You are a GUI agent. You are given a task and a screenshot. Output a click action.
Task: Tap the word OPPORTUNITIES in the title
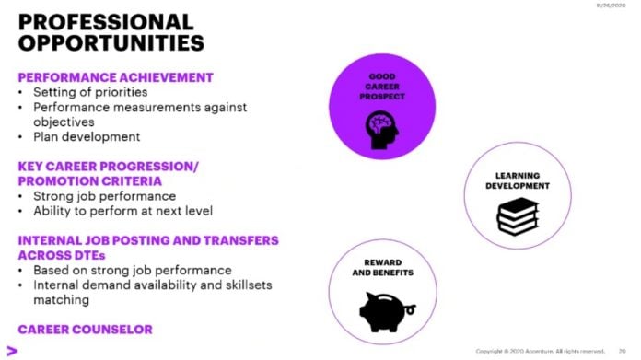pos(111,43)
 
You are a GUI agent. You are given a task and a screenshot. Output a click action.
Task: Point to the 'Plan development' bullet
pos(87,136)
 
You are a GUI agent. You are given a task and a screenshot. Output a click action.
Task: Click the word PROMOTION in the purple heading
pos(61,181)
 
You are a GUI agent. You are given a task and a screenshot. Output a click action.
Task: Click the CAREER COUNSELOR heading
pos(85,329)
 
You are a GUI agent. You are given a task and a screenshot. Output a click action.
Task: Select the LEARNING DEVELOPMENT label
pos(517,180)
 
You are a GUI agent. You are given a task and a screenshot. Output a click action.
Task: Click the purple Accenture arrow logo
pos(12,350)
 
